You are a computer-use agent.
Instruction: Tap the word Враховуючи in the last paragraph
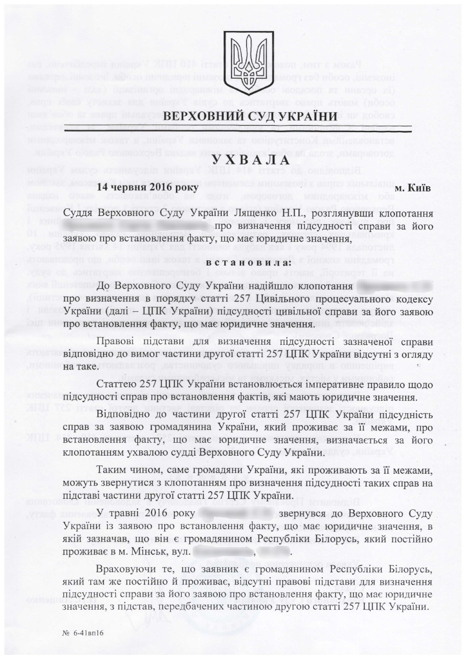[x=128, y=573]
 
